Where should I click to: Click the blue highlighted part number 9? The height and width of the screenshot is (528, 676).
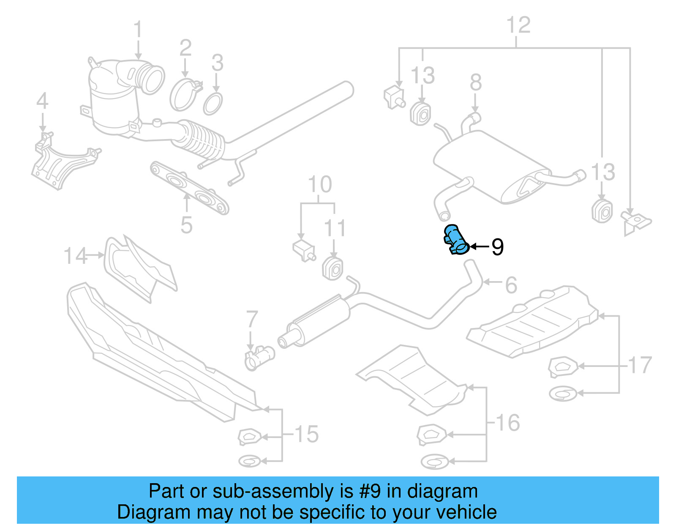[455, 240]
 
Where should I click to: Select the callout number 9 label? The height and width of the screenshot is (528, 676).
[497, 247]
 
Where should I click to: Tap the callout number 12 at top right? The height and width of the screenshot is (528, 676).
[518, 25]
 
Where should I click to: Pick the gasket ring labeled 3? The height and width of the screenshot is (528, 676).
[213, 104]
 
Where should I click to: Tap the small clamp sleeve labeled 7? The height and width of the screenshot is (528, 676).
[259, 358]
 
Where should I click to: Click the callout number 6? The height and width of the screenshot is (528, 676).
[511, 285]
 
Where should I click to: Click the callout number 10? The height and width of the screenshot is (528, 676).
[320, 185]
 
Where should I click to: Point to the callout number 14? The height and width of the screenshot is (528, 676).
[75, 256]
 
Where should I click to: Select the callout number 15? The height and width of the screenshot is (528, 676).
[306, 434]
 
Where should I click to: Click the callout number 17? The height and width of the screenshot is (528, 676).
[640, 365]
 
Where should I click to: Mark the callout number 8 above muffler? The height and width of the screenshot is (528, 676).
[476, 82]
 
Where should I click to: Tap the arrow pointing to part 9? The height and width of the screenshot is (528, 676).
[479, 246]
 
